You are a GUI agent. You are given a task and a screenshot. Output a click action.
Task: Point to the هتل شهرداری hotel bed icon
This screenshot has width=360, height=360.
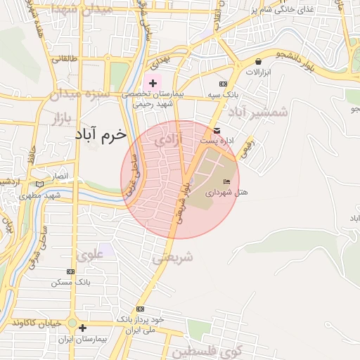pyautogui.click(x=226, y=182)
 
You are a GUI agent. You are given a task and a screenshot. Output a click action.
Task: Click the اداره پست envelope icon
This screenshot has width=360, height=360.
pyautogui.click(x=217, y=131)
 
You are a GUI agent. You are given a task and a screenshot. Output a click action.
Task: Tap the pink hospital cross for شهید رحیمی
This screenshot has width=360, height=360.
pyautogui.click(x=153, y=83)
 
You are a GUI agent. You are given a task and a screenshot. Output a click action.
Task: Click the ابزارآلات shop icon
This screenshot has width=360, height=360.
pyautogui.click(x=259, y=61)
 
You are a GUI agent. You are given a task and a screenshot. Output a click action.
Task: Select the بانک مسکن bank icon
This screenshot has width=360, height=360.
pyautogui.click(x=70, y=271)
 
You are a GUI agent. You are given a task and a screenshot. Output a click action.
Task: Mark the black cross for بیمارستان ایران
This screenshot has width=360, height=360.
pyautogui.click(x=83, y=328)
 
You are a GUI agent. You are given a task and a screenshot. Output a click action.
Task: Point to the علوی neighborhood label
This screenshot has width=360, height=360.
pyautogui.click(x=92, y=254)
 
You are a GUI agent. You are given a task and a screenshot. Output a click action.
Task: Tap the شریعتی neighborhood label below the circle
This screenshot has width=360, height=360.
pyautogui.click(x=172, y=258)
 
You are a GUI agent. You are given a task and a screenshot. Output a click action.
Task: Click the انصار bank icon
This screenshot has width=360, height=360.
pyautogui.click(x=39, y=184)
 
